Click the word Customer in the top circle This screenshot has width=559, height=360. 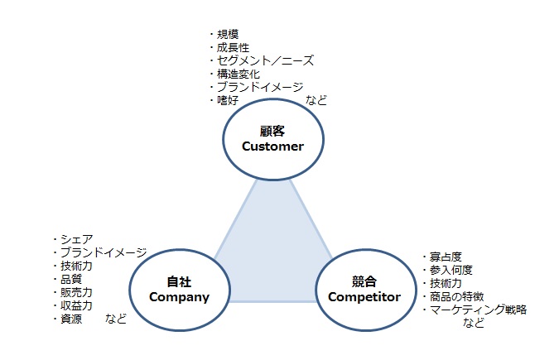272,146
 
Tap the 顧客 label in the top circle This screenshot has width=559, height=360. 272,131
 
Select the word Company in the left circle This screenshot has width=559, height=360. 179,296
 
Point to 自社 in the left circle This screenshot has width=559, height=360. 179,281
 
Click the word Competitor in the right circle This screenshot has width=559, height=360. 364,296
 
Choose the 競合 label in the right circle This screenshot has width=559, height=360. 364,281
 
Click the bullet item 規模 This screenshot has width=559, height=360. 227,35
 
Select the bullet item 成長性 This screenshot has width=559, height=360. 233,48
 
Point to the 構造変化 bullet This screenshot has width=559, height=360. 238,74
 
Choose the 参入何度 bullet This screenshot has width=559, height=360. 450,270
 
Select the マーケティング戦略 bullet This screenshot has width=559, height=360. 478,310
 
